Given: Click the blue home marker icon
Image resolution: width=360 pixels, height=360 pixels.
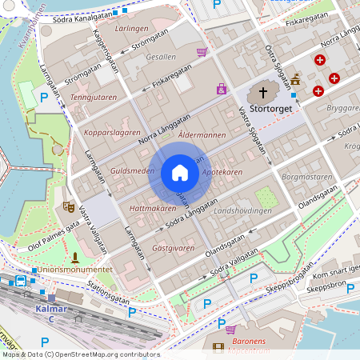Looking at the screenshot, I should pos(180,173).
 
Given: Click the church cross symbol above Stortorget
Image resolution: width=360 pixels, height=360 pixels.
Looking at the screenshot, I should pos(263,92).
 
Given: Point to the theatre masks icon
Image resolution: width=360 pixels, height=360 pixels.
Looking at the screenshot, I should pos(68,206).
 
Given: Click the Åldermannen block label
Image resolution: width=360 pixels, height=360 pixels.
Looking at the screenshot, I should pos(202,135).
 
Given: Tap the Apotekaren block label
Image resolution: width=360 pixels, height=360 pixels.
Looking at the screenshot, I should pos(222,172).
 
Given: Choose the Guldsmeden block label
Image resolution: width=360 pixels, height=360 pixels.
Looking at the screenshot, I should pos(132,171).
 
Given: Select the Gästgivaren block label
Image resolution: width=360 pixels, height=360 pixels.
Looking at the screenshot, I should pos(173,248).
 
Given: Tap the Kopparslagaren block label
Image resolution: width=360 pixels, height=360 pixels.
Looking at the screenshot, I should pos(106,130).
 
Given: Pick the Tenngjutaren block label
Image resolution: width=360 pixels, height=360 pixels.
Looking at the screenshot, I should pos(93,97).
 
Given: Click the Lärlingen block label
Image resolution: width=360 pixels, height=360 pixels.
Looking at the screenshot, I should pos(132,28).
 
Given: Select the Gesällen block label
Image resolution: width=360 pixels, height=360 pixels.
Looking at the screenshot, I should pos(161,57).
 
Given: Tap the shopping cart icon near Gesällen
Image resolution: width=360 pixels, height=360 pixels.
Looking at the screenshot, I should pos(202,52).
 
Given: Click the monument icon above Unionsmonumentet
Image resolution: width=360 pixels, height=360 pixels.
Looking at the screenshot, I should pos(75,257).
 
